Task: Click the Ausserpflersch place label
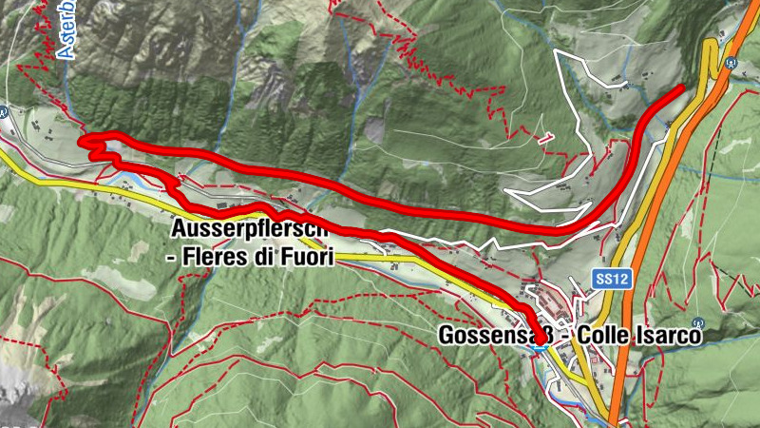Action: click(x=250, y=230)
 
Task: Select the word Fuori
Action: click(x=303, y=256)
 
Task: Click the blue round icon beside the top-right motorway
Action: click(x=730, y=63)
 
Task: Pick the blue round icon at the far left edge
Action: click(x=4, y=111)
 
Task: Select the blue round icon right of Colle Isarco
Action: click(x=698, y=322)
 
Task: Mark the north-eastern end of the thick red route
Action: click(x=681, y=88)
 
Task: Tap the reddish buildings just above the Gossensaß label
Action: click(x=551, y=304)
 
